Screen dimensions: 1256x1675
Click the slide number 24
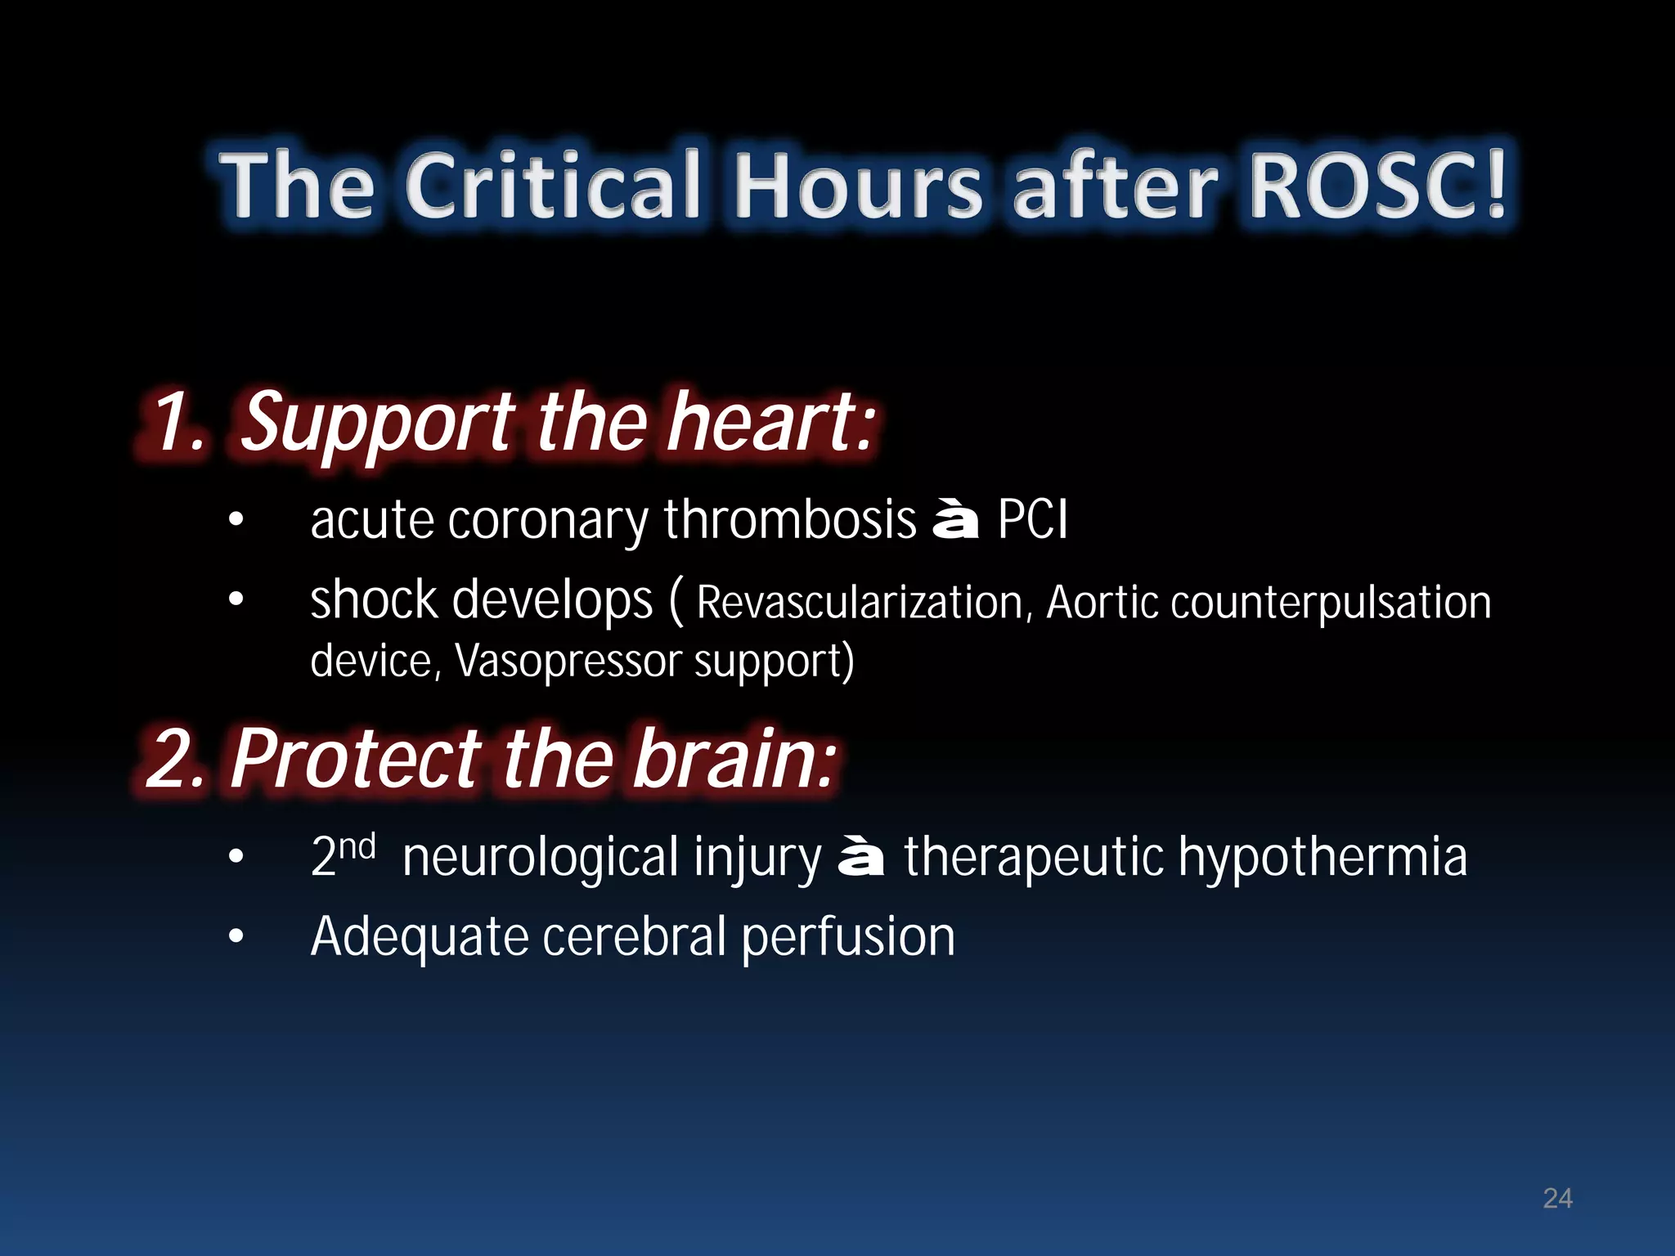[1557, 1199]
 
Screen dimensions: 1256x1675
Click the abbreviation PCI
[1032, 519]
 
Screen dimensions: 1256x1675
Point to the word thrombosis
[790, 519]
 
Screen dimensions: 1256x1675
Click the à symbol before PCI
[955, 521]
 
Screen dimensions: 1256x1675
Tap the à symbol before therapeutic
[861, 858]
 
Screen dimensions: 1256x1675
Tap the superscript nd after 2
[357, 846]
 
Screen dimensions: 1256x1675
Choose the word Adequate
[419, 937]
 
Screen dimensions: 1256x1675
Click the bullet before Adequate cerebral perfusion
[236, 937]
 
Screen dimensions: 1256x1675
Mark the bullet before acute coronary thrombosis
[236, 521]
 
